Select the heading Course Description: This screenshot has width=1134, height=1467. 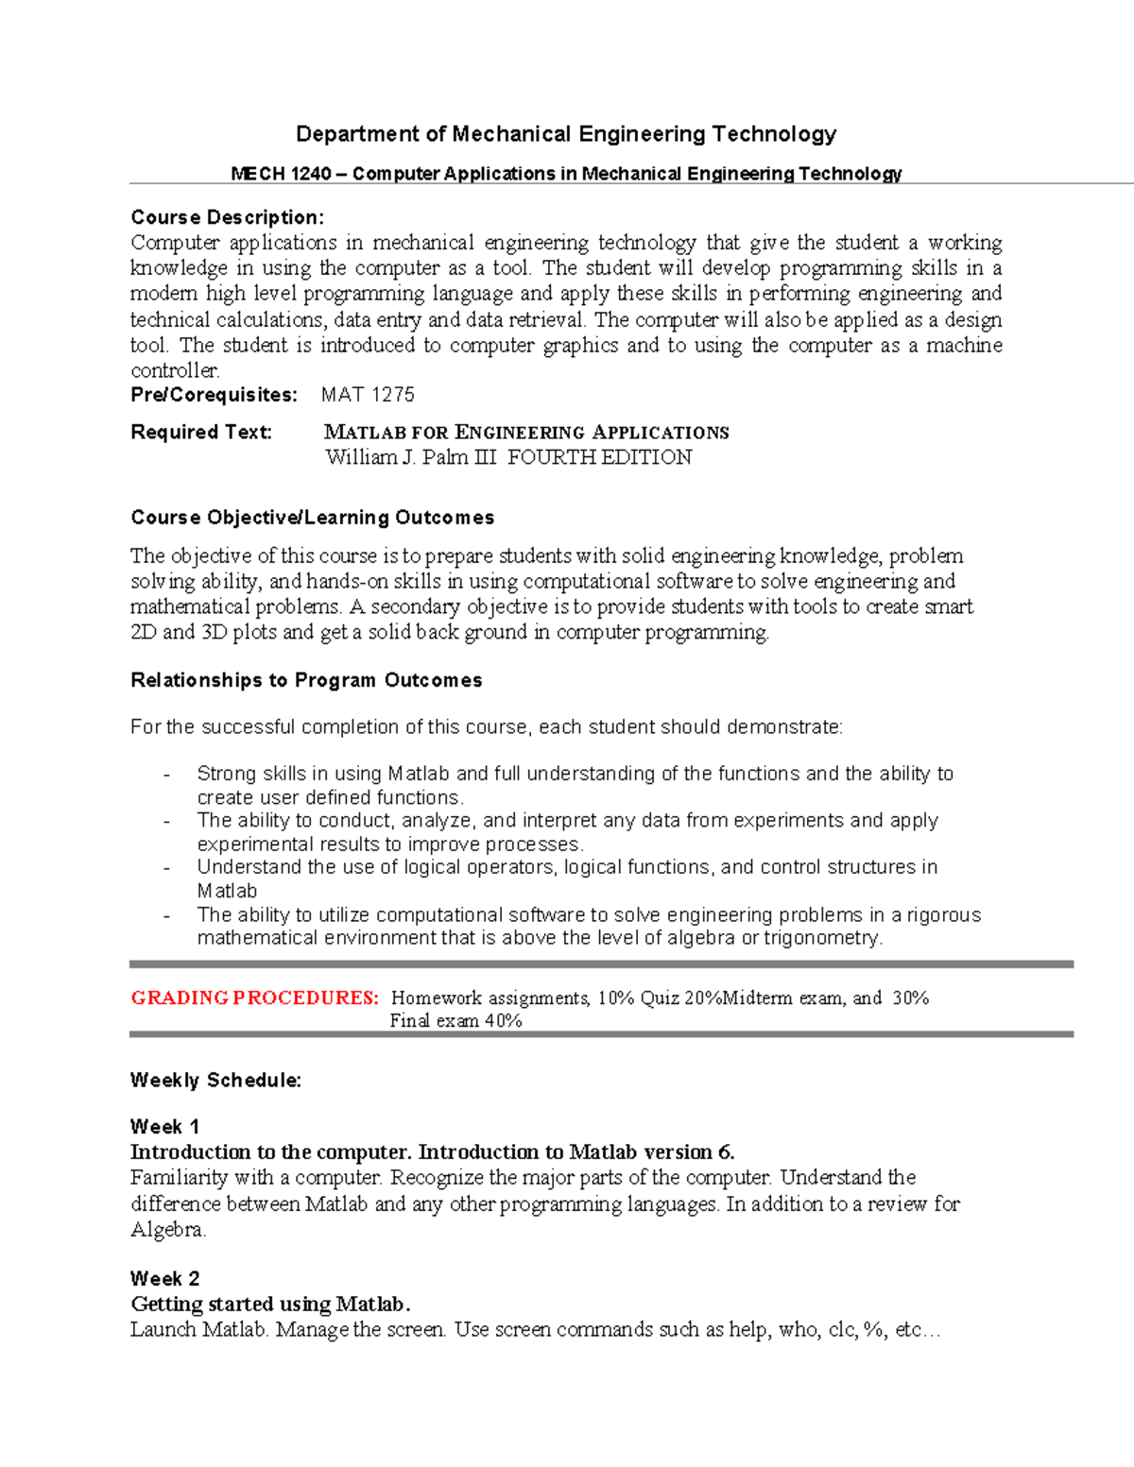(x=227, y=217)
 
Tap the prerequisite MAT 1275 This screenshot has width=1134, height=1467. (x=368, y=395)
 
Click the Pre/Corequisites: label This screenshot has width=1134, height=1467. (x=214, y=395)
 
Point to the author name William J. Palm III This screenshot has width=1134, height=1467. (x=410, y=457)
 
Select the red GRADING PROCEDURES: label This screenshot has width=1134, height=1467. (x=254, y=998)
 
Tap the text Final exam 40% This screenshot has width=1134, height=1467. (x=455, y=1020)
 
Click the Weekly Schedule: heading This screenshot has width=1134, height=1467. (x=215, y=1080)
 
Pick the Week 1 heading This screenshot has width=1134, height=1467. (x=164, y=1126)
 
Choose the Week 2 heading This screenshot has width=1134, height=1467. (x=164, y=1278)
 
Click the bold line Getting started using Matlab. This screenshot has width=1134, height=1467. (x=270, y=1304)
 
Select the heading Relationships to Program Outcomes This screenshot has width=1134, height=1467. (x=306, y=680)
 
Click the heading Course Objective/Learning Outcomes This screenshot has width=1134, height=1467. (x=312, y=518)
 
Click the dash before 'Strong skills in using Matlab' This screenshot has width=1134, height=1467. (x=166, y=775)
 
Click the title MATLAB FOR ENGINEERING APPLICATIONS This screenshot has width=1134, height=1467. (x=526, y=433)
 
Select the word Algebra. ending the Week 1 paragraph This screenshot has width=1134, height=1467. (x=168, y=1229)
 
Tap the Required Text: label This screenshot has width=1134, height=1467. (x=201, y=432)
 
